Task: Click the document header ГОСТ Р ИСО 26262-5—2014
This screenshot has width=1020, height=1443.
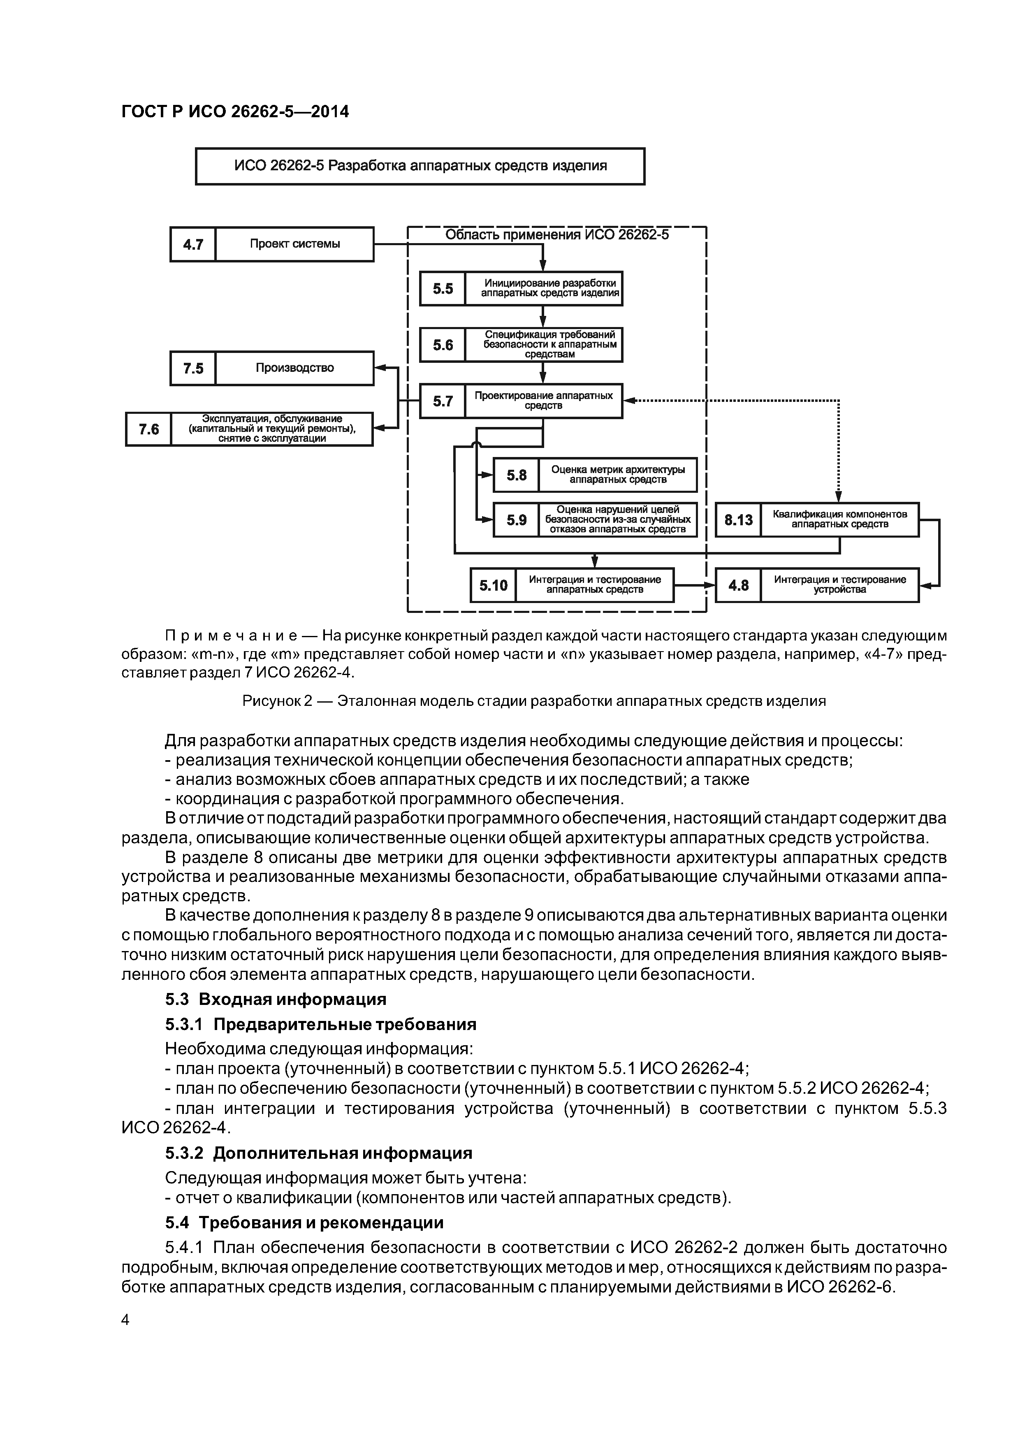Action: (x=235, y=112)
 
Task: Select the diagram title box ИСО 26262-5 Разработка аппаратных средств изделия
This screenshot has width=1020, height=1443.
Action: (x=420, y=166)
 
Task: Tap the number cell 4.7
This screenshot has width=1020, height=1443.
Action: (x=193, y=244)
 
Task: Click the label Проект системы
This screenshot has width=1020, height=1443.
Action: (x=295, y=244)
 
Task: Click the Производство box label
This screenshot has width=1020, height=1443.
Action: (x=295, y=368)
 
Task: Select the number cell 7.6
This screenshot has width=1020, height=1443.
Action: (x=149, y=429)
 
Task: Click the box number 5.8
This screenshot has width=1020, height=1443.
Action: (x=516, y=475)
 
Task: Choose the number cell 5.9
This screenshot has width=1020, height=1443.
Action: (x=516, y=520)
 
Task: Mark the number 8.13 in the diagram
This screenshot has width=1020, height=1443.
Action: (x=738, y=520)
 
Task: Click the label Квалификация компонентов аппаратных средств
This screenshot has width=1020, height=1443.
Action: (x=839, y=519)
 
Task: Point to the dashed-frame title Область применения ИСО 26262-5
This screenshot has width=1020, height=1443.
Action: (x=557, y=235)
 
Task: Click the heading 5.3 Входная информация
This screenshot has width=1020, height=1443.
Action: (x=276, y=999)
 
